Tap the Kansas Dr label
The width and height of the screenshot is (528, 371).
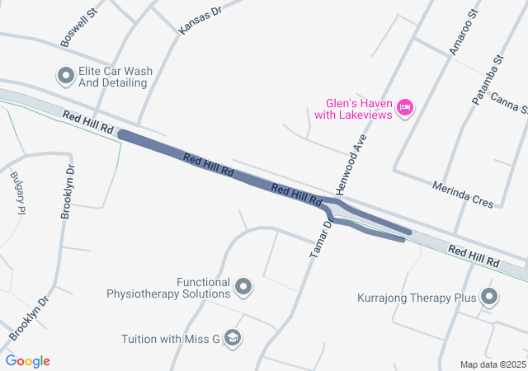[x=200, y=17]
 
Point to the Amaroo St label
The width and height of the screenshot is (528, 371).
[x=463, y=34]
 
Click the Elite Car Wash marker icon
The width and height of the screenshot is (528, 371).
[x=66, y=77]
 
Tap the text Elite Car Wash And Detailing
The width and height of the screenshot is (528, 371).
[x=115, y=77]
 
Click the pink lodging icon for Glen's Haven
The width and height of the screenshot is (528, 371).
[x=405, y=107]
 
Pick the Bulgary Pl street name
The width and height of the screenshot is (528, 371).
[x=17, y=193]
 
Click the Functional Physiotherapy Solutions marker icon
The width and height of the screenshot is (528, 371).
[x=243, y=287]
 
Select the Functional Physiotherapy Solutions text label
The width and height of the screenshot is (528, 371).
[x=168, y=287]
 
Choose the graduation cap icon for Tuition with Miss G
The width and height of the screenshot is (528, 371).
[x=233, y=338]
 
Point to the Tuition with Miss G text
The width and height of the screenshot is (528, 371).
[x=171, y=339]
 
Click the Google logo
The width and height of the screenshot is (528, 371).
[x=28, y=361]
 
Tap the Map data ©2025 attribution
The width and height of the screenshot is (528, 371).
[x=493, y=364]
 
